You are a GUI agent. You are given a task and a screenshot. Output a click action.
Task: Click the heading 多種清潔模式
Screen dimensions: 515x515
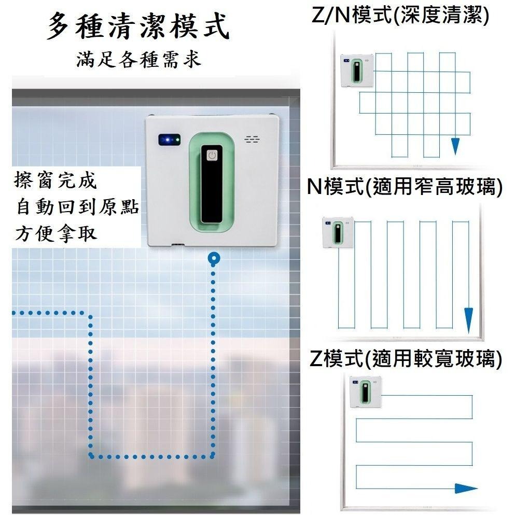pyautogui.click(x=138, y=26)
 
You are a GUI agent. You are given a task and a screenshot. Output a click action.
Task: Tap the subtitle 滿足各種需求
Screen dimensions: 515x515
pyautogui.click(x=138, y=60)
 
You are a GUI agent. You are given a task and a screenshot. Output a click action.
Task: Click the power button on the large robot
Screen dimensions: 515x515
pyautogui.click(x=212, y=156)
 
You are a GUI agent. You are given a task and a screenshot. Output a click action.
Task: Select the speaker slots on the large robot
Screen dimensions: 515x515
pyautogui.click(x=252, y=140)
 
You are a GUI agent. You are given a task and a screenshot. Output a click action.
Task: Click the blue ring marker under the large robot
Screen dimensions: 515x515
pyautogui.click(x=214, y=258)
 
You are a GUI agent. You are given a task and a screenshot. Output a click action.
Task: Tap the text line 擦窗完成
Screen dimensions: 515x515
pyautogui.click(x=55, y=180)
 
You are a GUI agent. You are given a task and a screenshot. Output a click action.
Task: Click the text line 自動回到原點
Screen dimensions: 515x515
pyautogui.click(x=77, y=207)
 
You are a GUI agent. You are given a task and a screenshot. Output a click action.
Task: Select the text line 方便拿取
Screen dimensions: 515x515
pyautogui.click(x=56, y=234)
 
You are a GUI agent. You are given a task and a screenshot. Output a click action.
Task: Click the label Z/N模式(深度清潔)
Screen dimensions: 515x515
pyautogui.click(x=400, y=15)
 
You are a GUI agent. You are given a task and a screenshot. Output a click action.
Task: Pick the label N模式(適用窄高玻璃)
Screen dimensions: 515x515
pyautogui.click(x=405, y=186)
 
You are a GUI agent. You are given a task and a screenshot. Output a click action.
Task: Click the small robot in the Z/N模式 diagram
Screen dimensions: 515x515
pyautogui.click(x=357, y=70)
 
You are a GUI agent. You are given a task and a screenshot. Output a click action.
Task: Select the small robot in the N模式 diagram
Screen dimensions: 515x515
pyautogui.click(x=338, y=232)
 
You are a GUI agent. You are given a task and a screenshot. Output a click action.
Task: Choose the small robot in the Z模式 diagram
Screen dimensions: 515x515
pyautogui.click(x=365, y=392)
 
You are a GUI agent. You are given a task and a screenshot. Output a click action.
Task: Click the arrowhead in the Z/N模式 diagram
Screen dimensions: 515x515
pyautogui.click(x=455, y=146)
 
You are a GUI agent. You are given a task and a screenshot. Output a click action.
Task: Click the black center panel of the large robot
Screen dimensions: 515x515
pyautogui.click(x=212, y=184)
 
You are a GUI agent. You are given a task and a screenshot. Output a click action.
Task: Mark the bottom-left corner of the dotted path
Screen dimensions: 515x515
pyautogui.click(x=91, y=456)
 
